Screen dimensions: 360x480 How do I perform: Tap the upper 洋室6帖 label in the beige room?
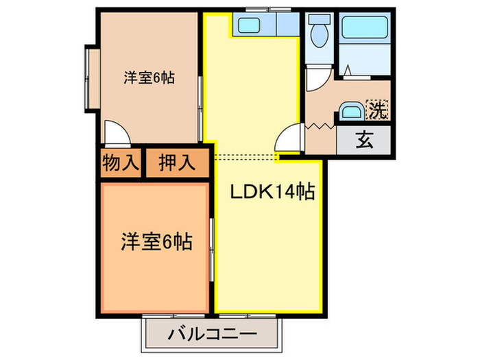point(149,77)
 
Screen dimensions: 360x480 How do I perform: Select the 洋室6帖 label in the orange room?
point(156,241)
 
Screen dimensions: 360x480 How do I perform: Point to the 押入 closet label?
point(176,163)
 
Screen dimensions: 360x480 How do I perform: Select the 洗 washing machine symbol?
point(377,108)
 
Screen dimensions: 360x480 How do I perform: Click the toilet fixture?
point(318,30)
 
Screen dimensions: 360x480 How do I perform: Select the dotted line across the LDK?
point(243,157)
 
